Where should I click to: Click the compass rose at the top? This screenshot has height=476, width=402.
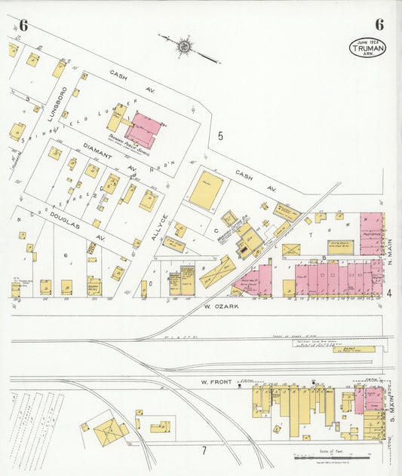pos(183,47)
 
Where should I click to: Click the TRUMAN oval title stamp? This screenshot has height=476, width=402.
pos(366,48)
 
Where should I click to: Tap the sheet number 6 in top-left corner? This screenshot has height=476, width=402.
pos(23,26)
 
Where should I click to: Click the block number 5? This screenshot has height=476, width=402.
pos(220,136)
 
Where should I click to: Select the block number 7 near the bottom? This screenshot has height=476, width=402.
pos(203,450)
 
